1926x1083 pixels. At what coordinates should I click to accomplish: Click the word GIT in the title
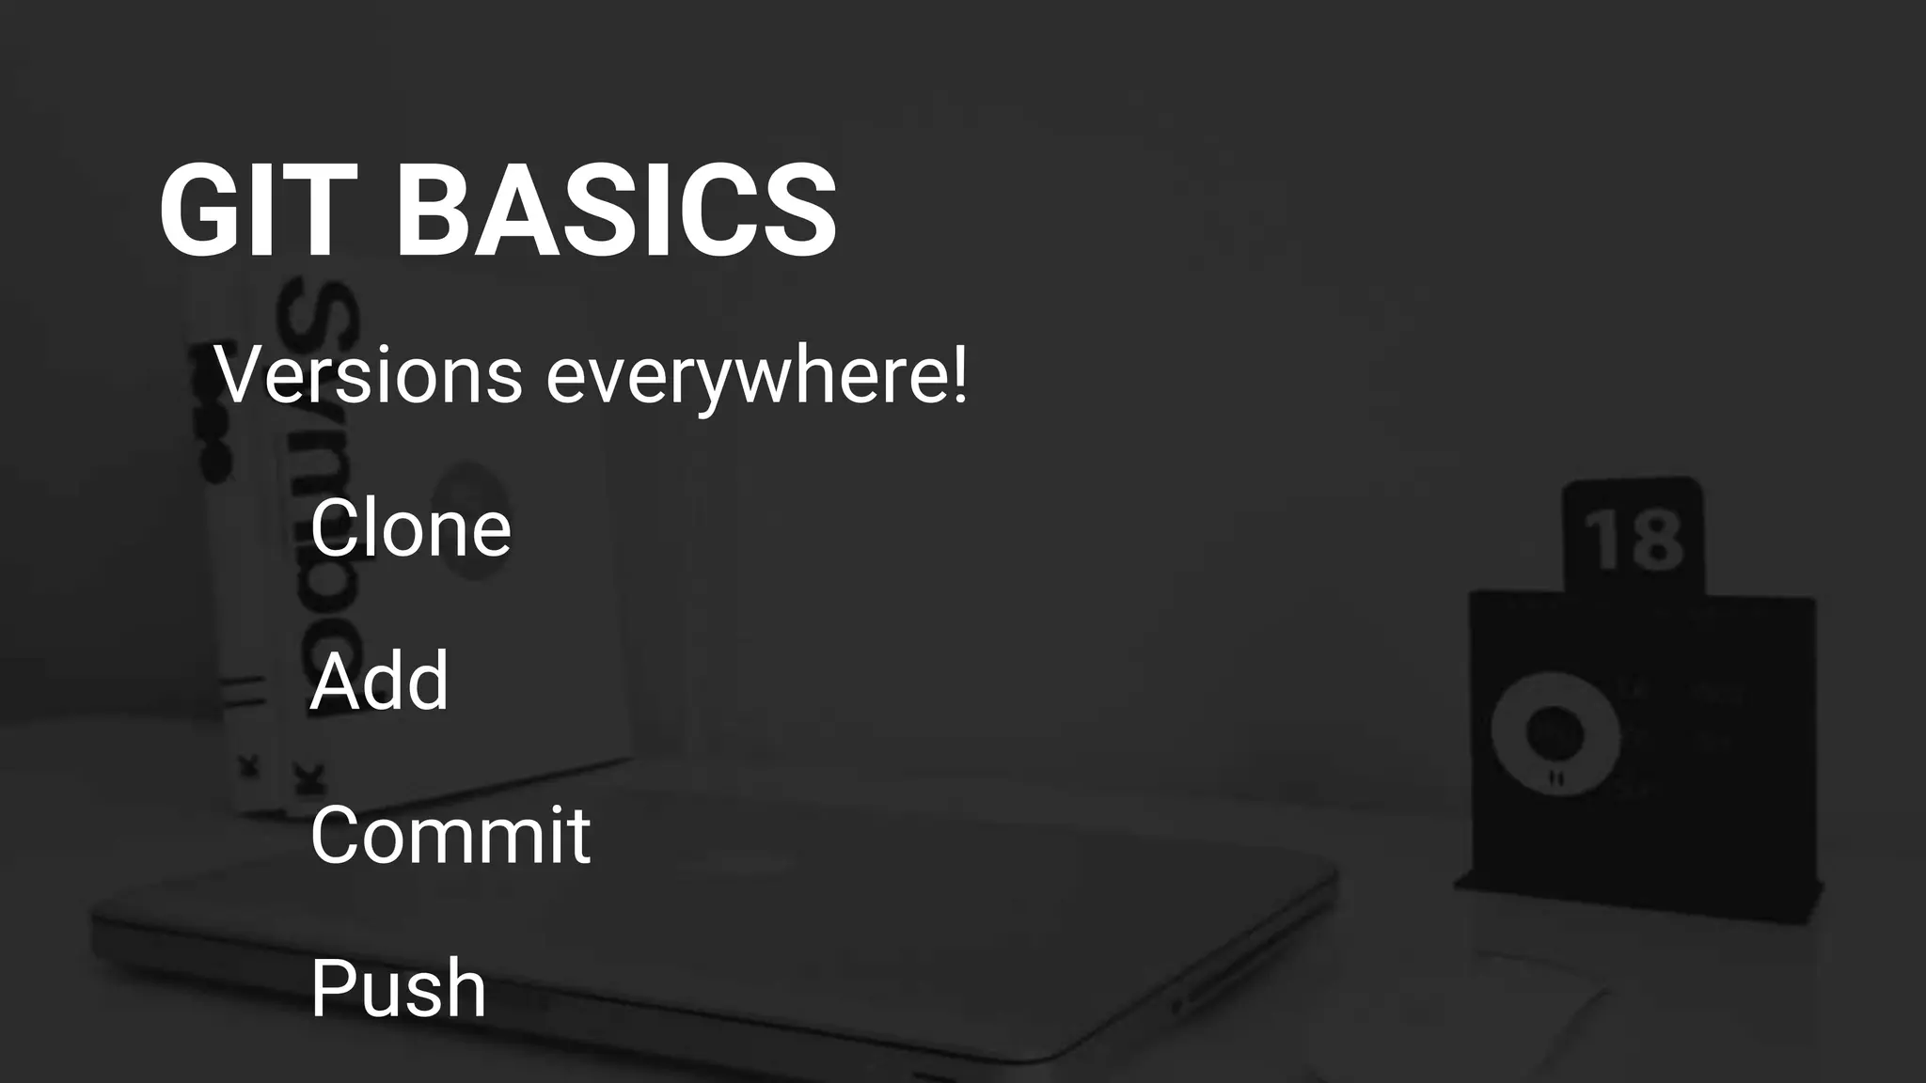click(259, 211)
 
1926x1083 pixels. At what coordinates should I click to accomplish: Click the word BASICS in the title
click(617, 211)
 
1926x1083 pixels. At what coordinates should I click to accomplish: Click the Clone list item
click(410, 527)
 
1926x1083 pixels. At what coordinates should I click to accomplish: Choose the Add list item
click(379, 681)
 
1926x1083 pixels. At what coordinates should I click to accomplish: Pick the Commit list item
click(450, 834)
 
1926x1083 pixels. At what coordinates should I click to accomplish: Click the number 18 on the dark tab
click(1634, 541)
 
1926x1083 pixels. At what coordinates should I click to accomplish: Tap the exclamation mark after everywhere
click(958, 373)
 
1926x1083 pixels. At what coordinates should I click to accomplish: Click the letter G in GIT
click(199, 211)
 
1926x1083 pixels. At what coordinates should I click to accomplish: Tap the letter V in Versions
click(240, 375)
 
